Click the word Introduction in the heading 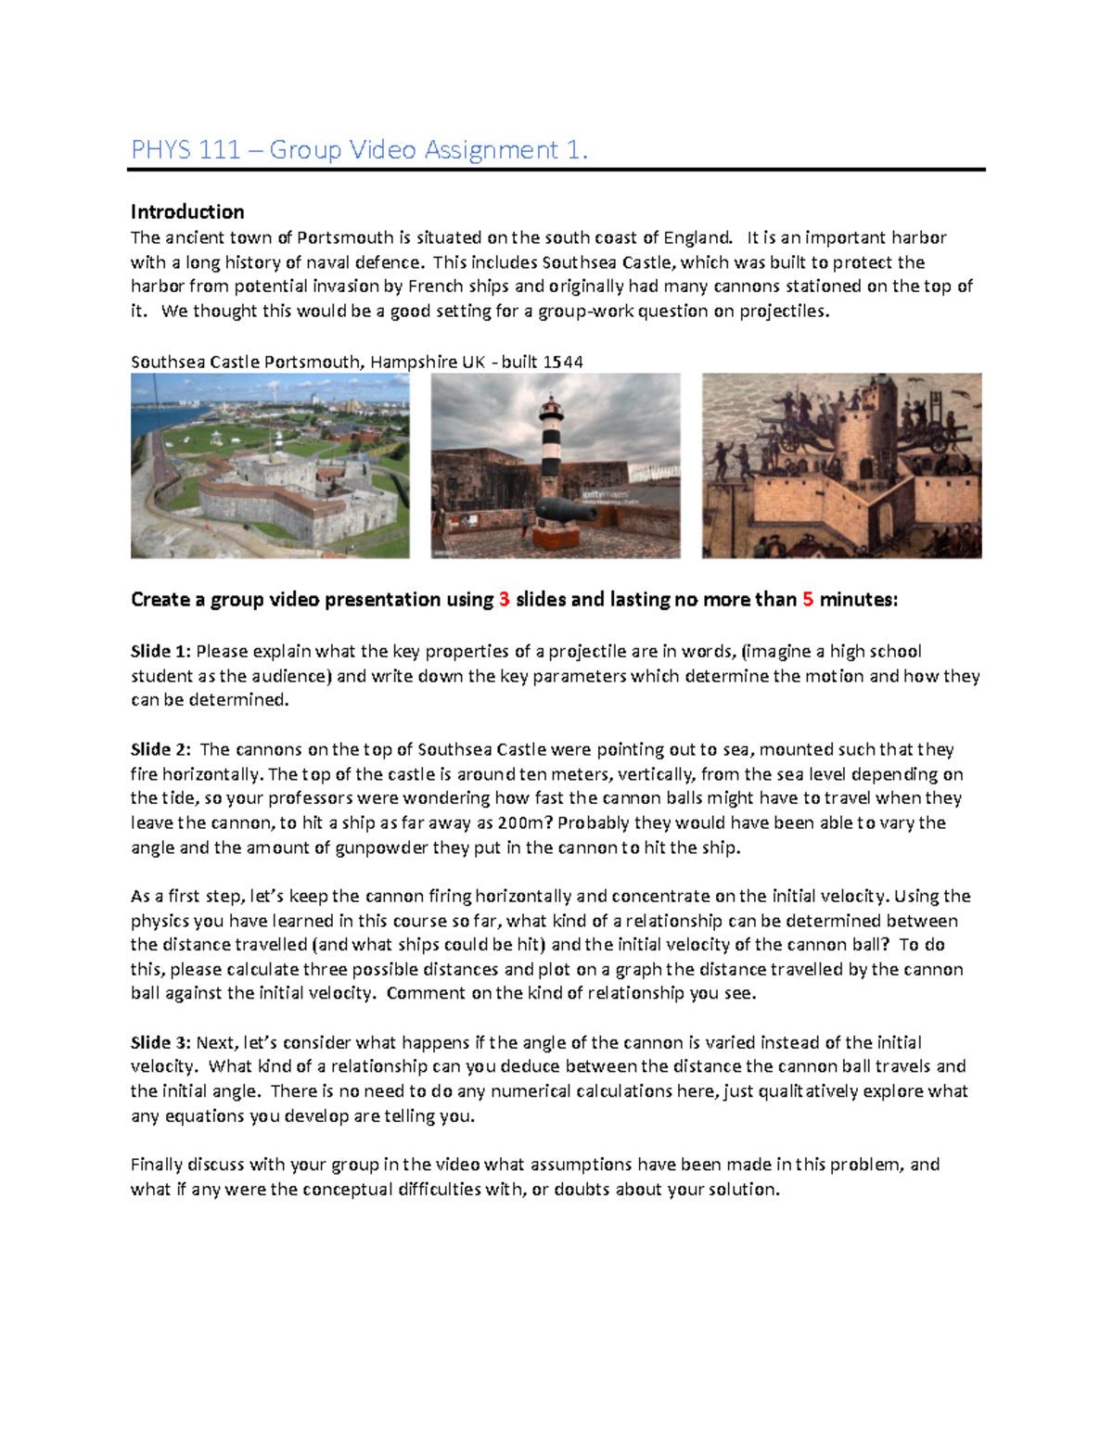click(187, 211)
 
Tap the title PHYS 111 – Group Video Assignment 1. click(359, 149)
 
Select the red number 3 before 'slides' click(505, 600)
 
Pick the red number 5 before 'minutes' click(808, 600)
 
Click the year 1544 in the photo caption click(563, 362)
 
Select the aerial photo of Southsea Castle click(270, 465)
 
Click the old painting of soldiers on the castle click(841, 465)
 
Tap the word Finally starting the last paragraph click(157, 1165)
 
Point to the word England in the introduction click(697, 237)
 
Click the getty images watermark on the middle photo click(612, 496)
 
